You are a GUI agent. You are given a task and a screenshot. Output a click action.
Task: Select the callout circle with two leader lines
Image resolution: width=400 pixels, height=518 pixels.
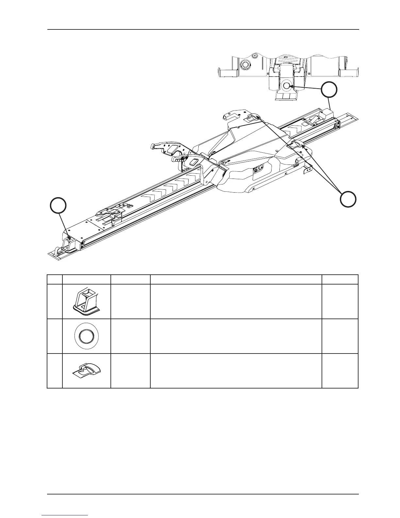point(348,199)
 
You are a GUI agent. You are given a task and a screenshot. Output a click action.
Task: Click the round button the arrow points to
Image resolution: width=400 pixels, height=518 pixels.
point(287,86)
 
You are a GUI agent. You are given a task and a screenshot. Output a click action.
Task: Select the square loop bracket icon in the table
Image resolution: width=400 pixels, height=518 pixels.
point(86,302)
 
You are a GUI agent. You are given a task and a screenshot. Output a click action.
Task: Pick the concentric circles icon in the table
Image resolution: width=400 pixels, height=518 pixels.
point(86,336)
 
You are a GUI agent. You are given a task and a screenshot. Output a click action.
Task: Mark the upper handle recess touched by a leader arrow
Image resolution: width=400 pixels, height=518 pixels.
point(254,117)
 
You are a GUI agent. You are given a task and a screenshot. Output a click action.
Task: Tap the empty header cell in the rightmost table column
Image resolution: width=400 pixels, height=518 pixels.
point(340,279)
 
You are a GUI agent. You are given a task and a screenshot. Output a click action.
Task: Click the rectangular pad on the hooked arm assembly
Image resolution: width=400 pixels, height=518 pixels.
point(193,163)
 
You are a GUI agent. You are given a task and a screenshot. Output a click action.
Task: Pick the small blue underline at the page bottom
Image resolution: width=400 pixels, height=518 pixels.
point(65,515)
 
